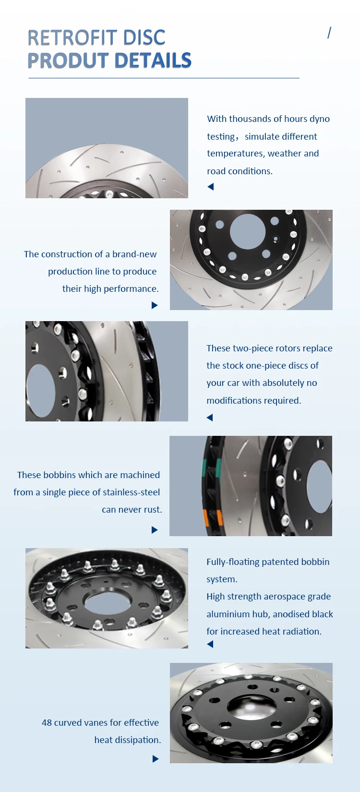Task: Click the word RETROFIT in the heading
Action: (x=65, y=38)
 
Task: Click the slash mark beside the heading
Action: (x=329, y=33)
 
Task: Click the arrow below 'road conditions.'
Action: (x=210, y=187)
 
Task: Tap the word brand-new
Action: (x=134, y=254)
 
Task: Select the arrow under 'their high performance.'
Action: (x=155, y=305)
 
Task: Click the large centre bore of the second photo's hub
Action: (x=248, y=231)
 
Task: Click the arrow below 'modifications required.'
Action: (x=210, y=418)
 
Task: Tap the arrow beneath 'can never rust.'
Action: (x=155, y=530)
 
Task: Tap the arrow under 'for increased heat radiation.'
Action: (x=210, y=644)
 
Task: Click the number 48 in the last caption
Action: (x=47, y=723)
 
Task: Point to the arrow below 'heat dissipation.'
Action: (x=155, y=759)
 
